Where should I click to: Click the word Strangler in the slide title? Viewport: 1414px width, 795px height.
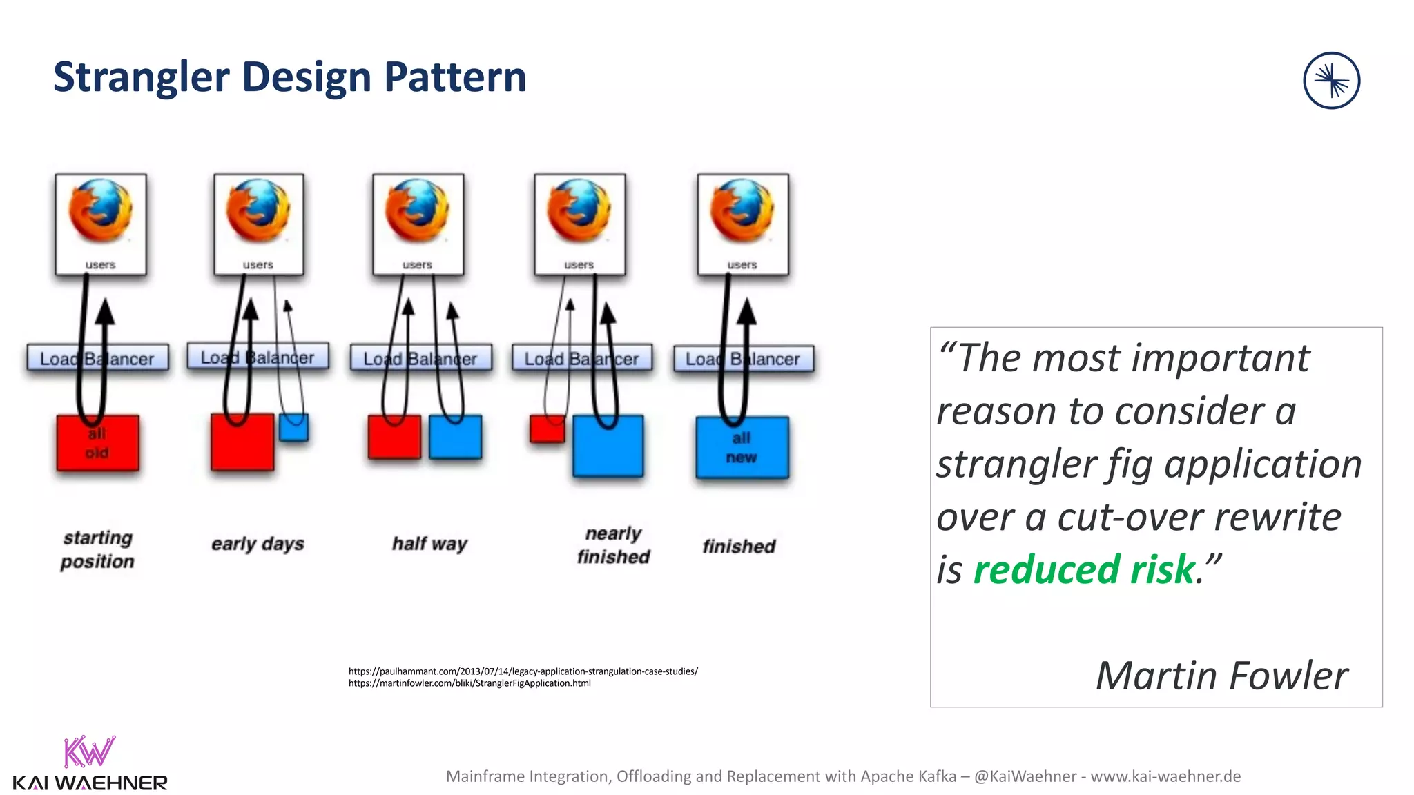click(x=141, y=77)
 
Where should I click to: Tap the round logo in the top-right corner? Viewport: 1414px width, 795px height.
click(x=1331, y=81)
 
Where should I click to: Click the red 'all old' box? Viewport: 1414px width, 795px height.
click(x=97, y=444)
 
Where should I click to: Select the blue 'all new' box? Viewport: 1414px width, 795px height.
click(x=742, y=448)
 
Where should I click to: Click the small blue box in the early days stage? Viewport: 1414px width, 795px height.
click(x=294, y=428)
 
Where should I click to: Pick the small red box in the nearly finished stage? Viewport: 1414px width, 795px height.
click(x=547, y=429)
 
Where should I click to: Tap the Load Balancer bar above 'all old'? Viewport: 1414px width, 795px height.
click(x=97, y=359)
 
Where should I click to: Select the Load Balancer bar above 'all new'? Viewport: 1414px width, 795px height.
click(x=743, y=359)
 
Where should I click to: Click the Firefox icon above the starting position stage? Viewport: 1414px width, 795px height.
click(x=101, y=210)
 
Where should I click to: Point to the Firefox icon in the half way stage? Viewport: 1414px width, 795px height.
click(x=418, y=210)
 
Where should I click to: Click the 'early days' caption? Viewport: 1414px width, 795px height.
click(x=258, y=544)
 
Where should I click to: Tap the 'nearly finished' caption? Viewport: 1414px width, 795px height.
click(x=613, y=545)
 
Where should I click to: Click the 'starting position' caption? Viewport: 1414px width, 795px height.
click(x=97, y=549)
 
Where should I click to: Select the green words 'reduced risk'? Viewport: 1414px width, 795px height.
click(x=1084, y=570)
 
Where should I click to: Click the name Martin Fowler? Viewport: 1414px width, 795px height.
click(x=1221, y=675)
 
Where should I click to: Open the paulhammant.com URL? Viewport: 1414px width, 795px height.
click(x=523, y=671)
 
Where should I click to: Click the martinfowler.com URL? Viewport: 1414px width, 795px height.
click(x=469, y=683)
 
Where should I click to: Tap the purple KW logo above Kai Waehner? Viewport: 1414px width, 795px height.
click(x=89, y=752)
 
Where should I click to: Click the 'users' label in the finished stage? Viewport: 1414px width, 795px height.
click(x=742, y=265)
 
